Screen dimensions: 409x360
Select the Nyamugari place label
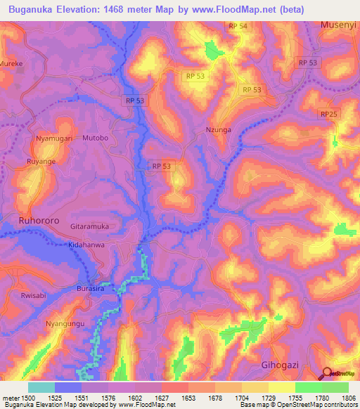(54, 139)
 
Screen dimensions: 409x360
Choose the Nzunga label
(217, 130)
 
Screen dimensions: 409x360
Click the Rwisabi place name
(32, 296)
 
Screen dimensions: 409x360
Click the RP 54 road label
(238, 26)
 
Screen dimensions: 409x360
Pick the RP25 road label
(328, 114)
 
